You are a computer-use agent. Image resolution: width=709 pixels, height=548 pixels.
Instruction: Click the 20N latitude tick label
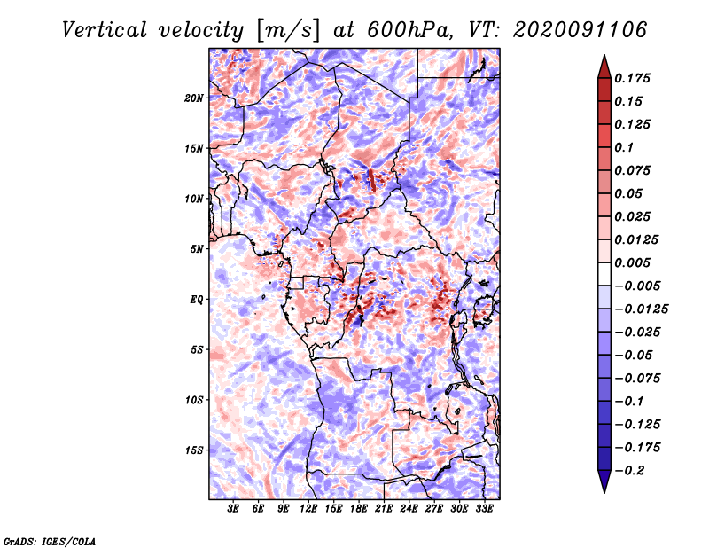(x=194, y=98)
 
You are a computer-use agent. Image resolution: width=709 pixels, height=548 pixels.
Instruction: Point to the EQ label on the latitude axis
(x=197, y=300)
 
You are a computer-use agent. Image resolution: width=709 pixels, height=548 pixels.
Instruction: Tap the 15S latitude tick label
(x=194, y=450)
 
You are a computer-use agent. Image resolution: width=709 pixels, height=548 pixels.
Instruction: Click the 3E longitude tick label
(x=234, y=510)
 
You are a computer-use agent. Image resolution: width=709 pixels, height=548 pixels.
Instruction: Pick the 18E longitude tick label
(x=359, y=510)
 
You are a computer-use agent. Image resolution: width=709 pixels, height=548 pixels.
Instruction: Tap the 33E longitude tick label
(x=484, y=510)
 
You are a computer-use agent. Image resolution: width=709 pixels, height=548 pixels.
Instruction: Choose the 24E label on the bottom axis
(x=409, y=510)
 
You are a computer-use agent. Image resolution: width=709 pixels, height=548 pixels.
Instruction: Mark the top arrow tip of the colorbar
(x=603, y=57)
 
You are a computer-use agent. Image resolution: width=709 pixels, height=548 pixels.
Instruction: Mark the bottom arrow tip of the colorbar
(x=603, y=491)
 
